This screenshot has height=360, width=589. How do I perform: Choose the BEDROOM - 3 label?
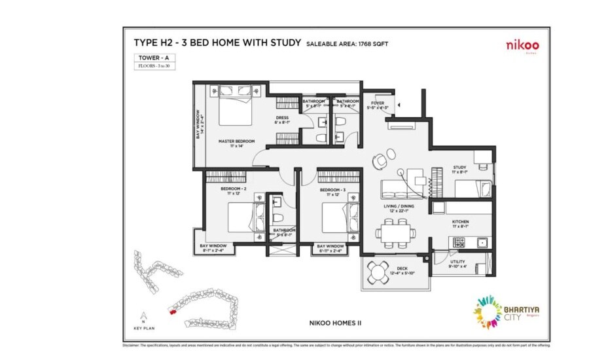[x=332, y=191]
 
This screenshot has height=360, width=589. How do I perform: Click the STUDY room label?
[x=460, y=169]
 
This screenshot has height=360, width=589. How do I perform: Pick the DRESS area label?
[x=282, y=120]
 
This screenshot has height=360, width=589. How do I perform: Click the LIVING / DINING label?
[x=396, y=207]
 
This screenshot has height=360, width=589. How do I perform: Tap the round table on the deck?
[x=378, y=271]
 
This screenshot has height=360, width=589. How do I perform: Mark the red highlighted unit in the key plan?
[x=172, y=312]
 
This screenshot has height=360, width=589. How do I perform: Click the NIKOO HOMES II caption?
[x=335, y=322]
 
